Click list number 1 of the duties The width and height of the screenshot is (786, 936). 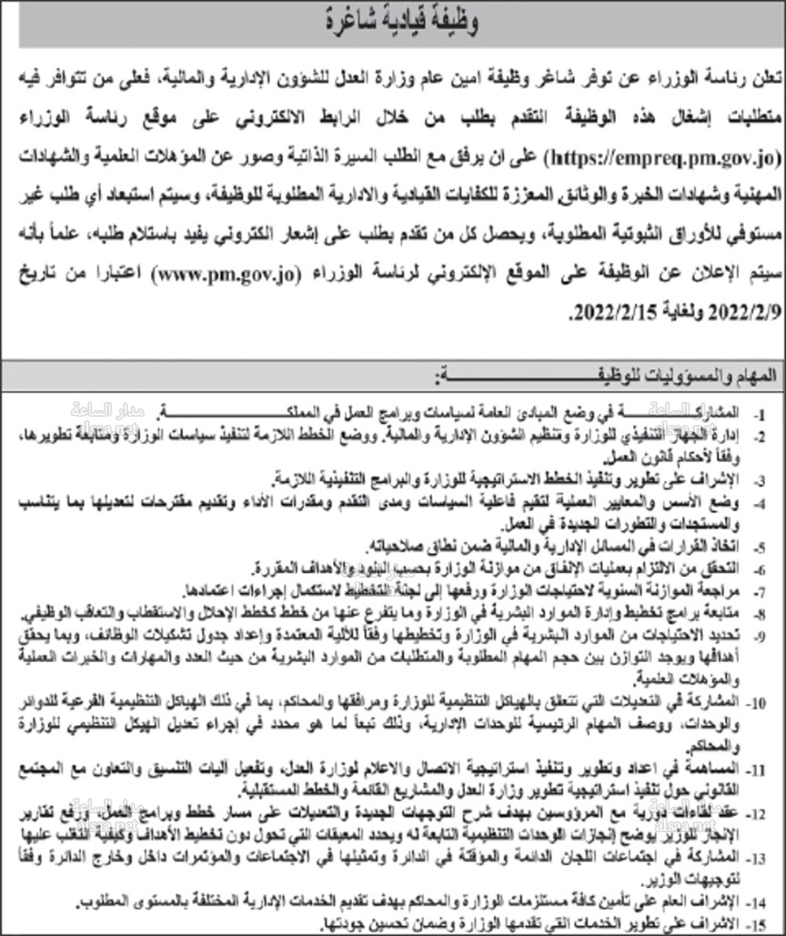(761, 412)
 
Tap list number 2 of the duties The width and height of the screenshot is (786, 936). (761, 434)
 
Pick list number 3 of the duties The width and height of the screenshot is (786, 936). (761, 477)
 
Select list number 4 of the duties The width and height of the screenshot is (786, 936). (761, 499)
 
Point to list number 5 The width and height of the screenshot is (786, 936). (761, 543)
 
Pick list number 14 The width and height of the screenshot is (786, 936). (759, 899)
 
